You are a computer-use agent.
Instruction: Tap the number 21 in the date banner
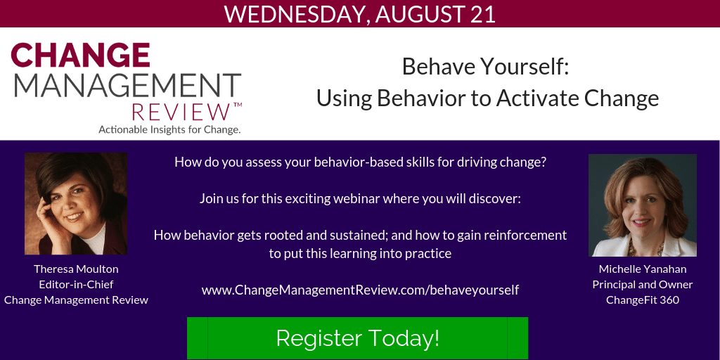pyautogui.click(x=482, y=14)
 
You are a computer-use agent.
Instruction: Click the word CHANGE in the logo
pyautogui.click(x=81, y=55)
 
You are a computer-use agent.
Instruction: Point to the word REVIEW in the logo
pyautogui.click(x=181, y=112)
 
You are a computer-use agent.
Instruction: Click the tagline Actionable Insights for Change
pyautogui.click(x=169, y=129)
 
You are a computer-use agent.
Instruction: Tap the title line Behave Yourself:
pyautogui.click(x=486, y=67)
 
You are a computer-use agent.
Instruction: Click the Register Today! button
pyautogui.click(x=357, y=338)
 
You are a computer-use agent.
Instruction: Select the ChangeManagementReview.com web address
pyautogui.click(x=361, y=290)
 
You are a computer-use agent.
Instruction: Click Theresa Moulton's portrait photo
pyautogui.click(x=76, y=204)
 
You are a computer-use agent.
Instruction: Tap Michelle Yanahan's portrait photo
pyautogui.click(x=643, y=205)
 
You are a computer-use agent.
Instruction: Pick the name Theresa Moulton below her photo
pyautogui.click(x=76, y=269)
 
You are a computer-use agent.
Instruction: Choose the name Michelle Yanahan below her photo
pyautogui.click(x=643, y=269)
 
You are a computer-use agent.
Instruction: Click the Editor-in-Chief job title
pyautogui.click(x=76, y=284)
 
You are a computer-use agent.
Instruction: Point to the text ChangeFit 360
pyautogui.click(x=643, y=300)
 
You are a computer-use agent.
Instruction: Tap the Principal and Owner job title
pyautogui.click(x=643, y=285)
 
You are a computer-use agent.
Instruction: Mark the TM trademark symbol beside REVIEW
pyautogui.click(x=238, y=105)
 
